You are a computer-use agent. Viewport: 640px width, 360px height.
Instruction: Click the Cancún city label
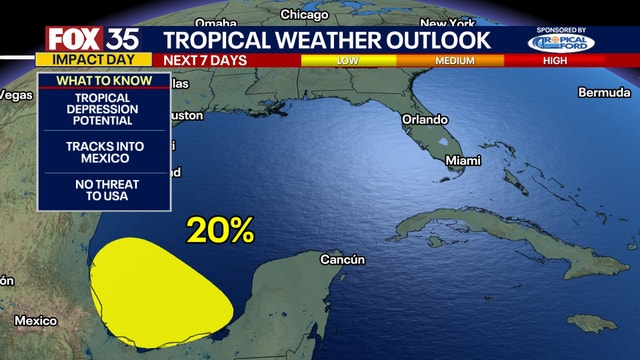(x=342, y=260)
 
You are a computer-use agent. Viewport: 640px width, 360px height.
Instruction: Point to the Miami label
(x=462, y=160)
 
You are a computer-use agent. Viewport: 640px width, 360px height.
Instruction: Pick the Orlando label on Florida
(x=425, y=118)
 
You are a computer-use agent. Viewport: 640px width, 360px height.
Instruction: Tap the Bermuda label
(x=604, y=92)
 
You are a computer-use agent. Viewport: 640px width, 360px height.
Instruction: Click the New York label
(x=446, y=23)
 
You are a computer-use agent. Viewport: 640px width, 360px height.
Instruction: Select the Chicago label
(x=304, y=15)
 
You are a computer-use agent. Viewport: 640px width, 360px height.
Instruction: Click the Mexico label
(x=35, y=321)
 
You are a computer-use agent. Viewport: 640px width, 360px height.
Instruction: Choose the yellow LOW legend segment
(x=348, y=61)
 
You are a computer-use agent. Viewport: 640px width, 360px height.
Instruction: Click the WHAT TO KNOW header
(x=101, y=80)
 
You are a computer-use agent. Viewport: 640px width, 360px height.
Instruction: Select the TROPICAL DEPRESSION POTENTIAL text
(x=101, y=109)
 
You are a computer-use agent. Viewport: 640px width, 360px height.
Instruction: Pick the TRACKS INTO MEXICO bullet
(x=101, y=153)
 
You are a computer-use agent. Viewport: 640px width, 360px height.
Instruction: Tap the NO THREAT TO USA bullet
(x=101, y=190)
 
